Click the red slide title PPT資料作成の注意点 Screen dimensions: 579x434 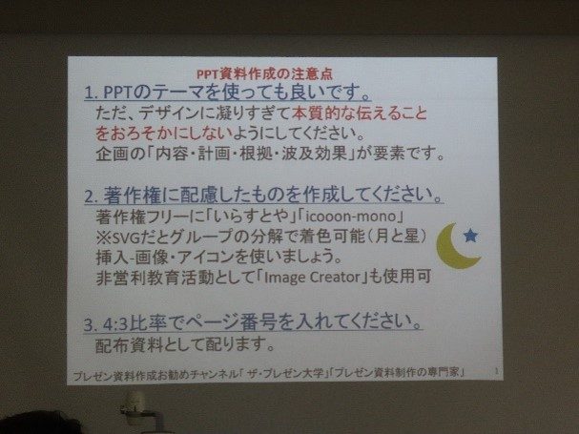(x=264, y=74)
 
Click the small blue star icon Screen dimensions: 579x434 (x=470, y=236)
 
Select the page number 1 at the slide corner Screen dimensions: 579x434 (x=496, y=371)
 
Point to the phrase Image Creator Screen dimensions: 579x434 (x=312, y=277)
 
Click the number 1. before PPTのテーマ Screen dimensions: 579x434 (x=91, y=93)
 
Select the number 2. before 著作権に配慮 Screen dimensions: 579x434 (x=92, y=196)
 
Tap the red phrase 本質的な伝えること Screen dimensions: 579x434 (x=359, y=114)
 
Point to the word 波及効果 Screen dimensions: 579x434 (x=315, y=154)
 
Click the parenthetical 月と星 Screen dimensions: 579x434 (x=399, y=237)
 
